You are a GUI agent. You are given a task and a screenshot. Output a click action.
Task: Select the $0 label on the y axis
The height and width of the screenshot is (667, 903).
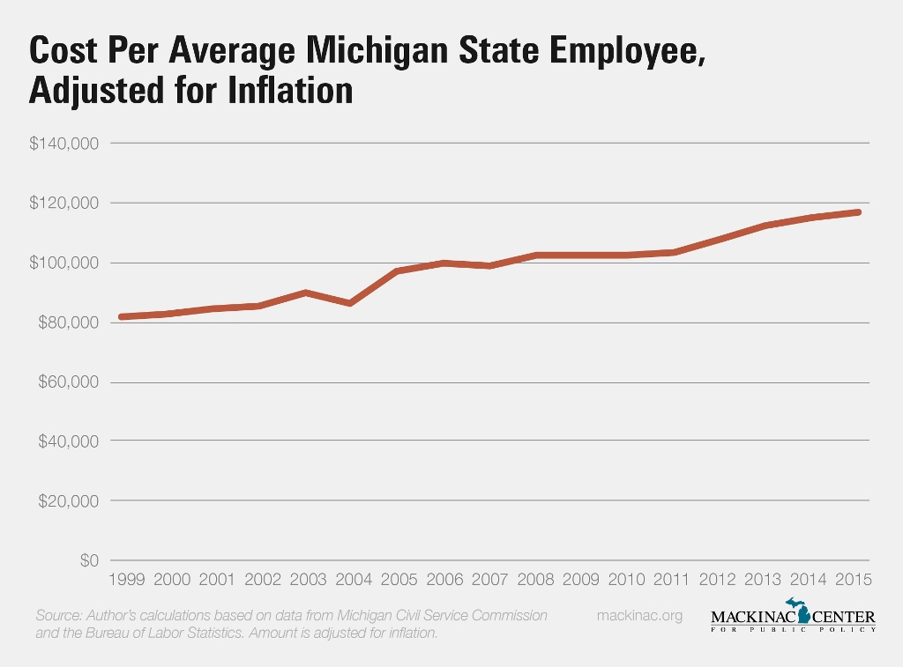(x=88, y=560)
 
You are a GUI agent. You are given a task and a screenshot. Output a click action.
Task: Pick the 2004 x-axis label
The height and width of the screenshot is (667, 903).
(x=353, y=580)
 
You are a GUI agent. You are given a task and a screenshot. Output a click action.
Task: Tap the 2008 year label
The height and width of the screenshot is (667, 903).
(x=534, y=580)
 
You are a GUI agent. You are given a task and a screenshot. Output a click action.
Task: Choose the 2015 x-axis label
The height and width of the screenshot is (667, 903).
(x=853, y=580)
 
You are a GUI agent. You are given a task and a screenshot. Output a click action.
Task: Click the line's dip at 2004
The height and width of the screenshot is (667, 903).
(x=351, y=303)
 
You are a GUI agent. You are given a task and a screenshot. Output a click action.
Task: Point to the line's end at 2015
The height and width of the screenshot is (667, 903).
(x=858, y=211)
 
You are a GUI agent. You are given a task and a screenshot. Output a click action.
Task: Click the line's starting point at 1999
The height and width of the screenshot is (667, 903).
(x=122, y=316)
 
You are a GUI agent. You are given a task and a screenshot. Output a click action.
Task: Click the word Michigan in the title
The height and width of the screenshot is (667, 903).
(x=355, y=52)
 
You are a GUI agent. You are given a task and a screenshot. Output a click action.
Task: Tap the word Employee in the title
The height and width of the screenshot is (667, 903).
(x=618, y=52)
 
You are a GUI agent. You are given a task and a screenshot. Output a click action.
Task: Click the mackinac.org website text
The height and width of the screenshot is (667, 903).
(x=639, y=615)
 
